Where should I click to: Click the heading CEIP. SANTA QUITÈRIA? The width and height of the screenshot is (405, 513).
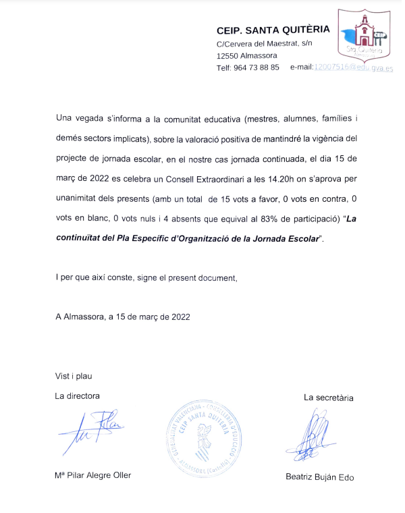(273, 30)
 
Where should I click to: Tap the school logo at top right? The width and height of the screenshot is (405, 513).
(364, 40)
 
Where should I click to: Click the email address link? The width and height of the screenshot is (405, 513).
(353, 68)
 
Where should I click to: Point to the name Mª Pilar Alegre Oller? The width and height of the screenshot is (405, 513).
(93, 475)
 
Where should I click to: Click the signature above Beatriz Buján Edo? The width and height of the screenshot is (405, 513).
(317, 435)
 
